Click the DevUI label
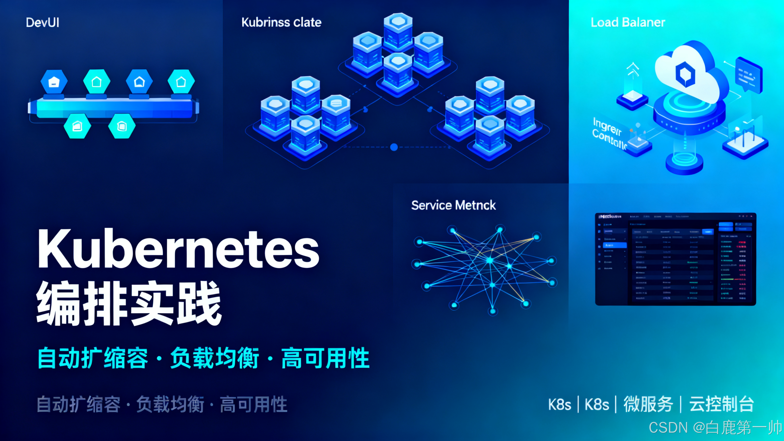click(42, 22)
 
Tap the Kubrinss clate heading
click(281, 22)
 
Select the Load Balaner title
click(627, 22)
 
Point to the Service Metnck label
click(453, 205)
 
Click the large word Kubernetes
click(178, 249)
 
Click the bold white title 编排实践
click(129, 303)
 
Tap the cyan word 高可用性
click(325, 358)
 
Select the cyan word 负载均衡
click(214, 358)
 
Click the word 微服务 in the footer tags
click(648, 405)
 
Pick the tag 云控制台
click(721, 405)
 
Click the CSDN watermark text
click(715, 427)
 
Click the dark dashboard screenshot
click(675, 259)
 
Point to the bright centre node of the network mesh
click(489, 260)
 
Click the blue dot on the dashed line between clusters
click(394, 147)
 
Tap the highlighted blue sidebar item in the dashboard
click(614, 245)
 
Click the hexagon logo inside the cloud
click(685, 74)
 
